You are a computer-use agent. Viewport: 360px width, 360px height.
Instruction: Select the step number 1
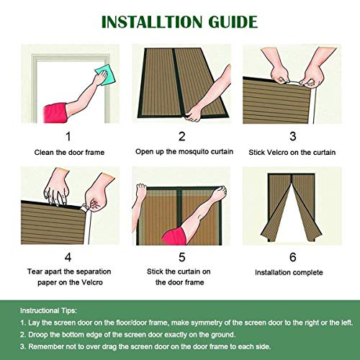68,135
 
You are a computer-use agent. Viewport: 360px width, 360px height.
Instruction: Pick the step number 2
181,135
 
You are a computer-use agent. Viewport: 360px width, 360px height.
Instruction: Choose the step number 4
68,256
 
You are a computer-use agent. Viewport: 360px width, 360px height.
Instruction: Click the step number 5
181,256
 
